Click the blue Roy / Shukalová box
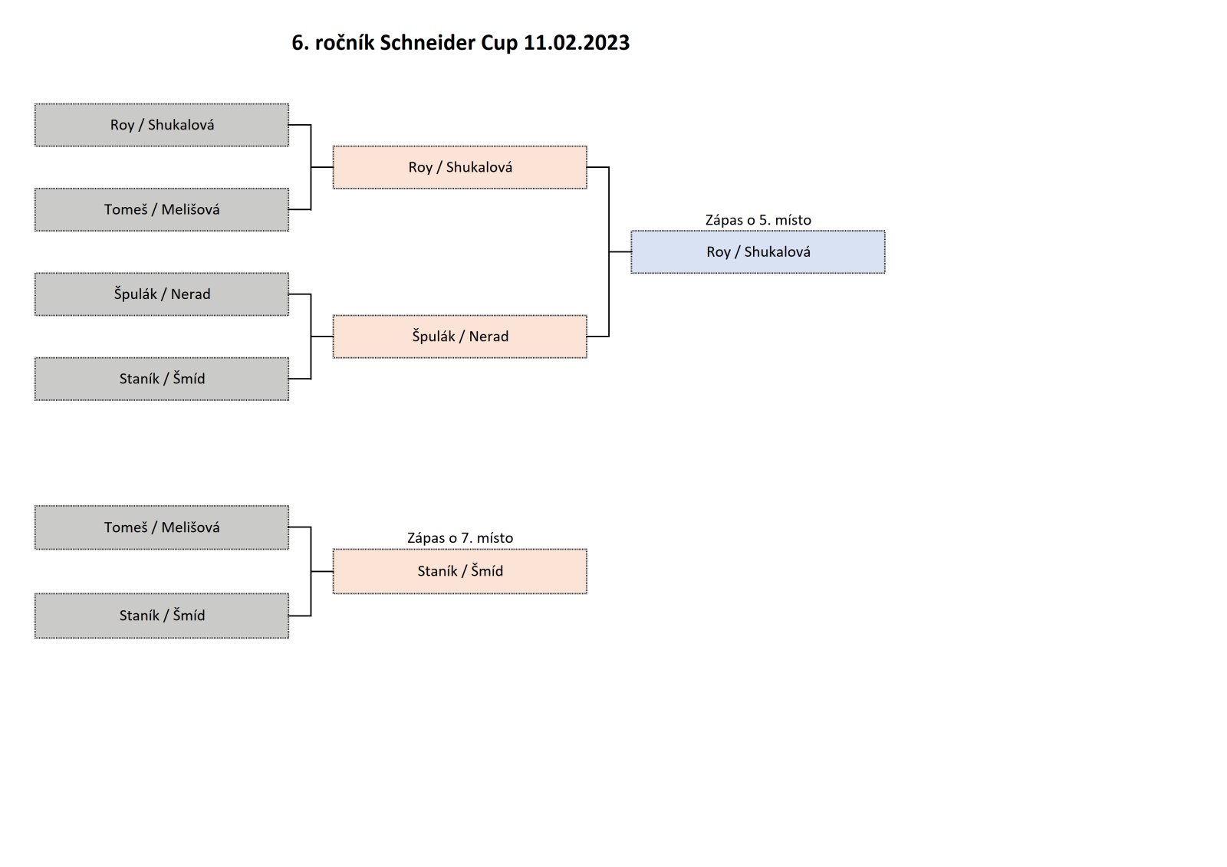point(758,251)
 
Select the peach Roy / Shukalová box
point(459,167)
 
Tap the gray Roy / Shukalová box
point(162,125)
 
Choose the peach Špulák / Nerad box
point(459,337)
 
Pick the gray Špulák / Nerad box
point(162,294)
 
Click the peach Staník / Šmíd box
point(459,571)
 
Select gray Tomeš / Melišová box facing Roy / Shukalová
point(162,209)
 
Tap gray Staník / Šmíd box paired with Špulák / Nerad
point(162,379)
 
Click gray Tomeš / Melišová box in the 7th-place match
point(162,527)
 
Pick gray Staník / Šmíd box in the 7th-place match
point(162,616)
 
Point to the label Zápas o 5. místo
point(758,220)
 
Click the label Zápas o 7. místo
point(459,538)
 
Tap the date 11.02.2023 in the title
point(577,43)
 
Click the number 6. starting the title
point(301,43)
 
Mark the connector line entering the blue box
point(620,251)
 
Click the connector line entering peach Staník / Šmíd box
point(322,572)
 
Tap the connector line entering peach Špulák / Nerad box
point(322,337)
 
